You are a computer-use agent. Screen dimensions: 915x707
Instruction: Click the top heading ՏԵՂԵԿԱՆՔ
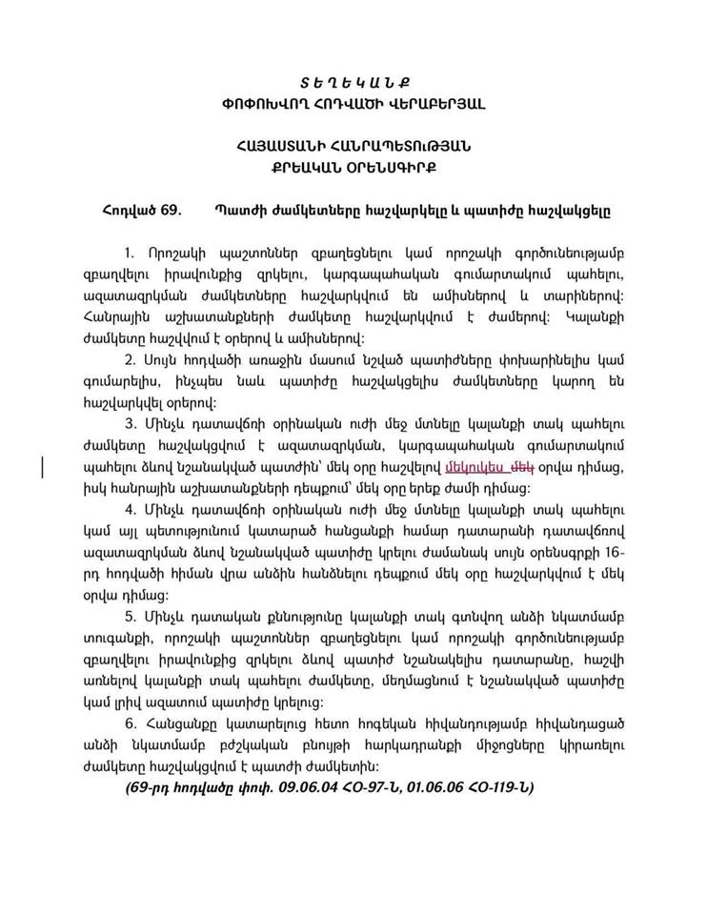point(353,83)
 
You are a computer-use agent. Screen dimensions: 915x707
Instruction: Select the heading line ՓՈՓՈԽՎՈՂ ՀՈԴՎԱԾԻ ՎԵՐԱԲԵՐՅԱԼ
point(353,103)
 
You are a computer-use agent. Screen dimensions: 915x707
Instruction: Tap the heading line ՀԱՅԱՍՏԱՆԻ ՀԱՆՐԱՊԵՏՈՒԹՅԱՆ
point(353,146)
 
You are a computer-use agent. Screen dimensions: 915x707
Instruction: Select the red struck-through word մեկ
point(520,466)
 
